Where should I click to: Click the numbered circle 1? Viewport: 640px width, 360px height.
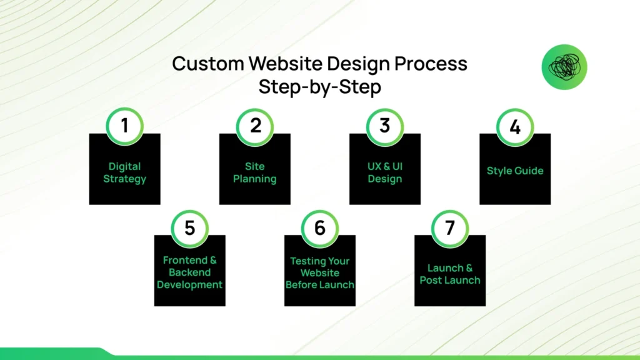tap(125, 126)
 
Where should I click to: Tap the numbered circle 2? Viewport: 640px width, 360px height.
tap(255, 126)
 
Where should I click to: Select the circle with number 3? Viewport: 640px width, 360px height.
tap(385, 126)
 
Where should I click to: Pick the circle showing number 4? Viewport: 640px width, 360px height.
tap(515, 127)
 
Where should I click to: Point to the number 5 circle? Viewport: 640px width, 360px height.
tap(190, 228)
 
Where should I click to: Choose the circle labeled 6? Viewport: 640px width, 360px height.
tap(320, 228)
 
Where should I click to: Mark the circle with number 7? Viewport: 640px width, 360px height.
tap(450, 228)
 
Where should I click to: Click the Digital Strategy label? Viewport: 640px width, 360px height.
tap(125, 172)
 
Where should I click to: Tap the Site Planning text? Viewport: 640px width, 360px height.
tap(255, 172)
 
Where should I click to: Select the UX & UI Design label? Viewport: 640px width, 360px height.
tap(385, 172)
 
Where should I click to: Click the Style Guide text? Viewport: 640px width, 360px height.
tap(515, 171)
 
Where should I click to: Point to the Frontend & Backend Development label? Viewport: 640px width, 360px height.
tap(190, 272)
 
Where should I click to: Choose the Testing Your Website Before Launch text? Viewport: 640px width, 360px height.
tap(320, 273)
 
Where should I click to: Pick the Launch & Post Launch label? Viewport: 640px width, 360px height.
tap(450, 274)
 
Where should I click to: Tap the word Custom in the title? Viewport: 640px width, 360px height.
tap(207, 64)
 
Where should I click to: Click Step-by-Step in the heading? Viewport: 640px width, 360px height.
tap(320, 87)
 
